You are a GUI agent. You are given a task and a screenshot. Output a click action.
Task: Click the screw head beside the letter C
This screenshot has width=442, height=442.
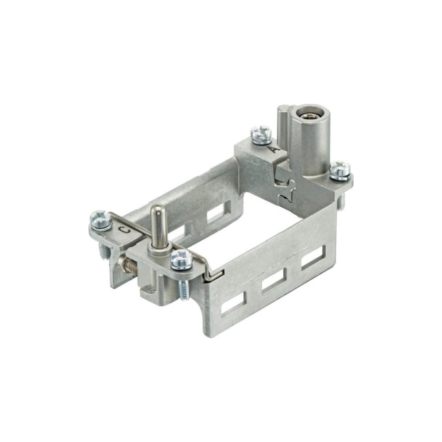click(101, 219)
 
